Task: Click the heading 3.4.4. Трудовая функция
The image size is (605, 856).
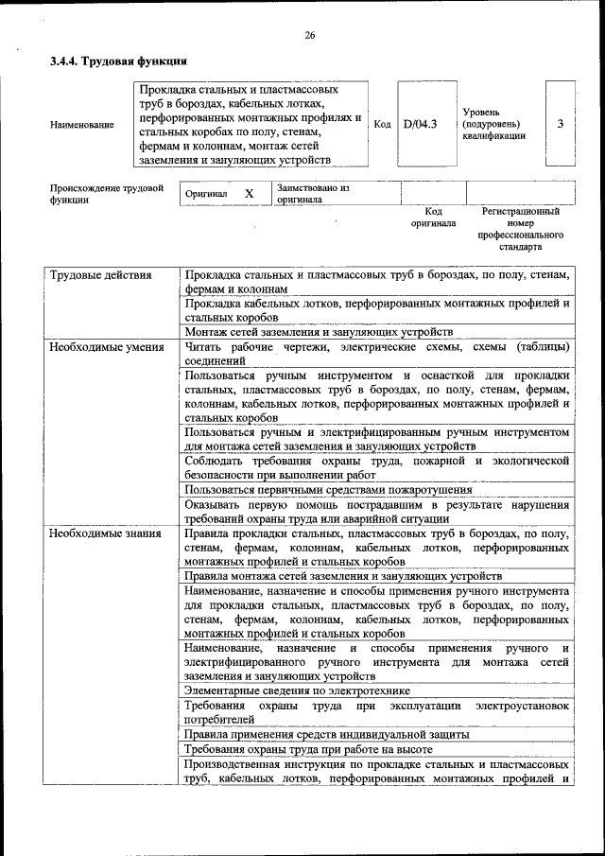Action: point(117,62)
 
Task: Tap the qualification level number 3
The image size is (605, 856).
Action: point(561,124)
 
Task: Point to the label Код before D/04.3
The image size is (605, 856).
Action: point(382,124)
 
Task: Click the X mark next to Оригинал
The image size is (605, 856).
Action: point(250,193)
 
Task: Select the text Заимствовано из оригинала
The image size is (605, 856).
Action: point(313,194)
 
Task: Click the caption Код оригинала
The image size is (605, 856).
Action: point(433,218)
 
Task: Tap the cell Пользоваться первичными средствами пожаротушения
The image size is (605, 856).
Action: point(329,490)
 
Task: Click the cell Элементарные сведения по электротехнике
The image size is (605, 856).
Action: point(304,691)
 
